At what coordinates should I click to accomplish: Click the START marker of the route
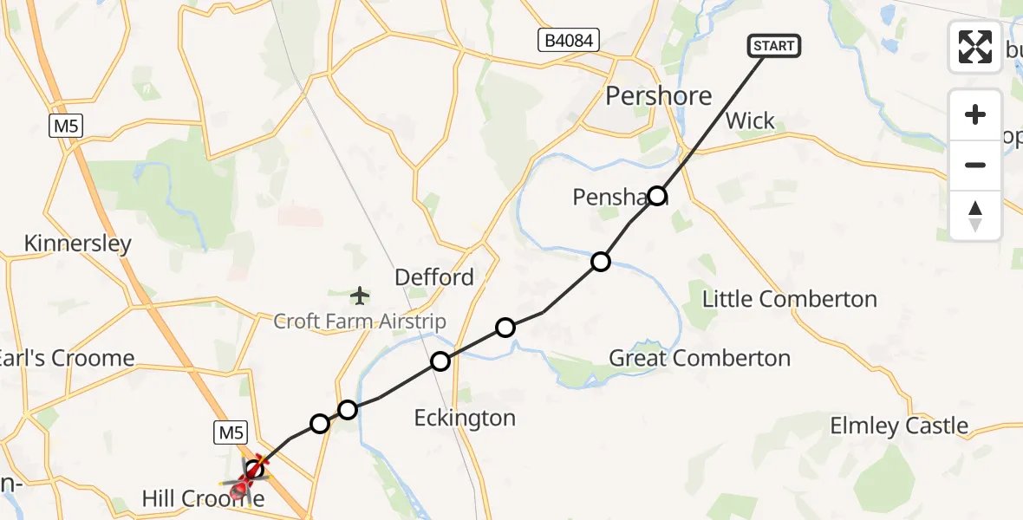click(773, 46)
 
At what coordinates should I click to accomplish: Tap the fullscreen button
click(975, 47)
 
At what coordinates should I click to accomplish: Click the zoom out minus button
click(975, 165)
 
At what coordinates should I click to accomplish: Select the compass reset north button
click(975, 215)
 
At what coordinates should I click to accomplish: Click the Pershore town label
click(659, 95)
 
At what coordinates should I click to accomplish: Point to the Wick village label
click(750, 120)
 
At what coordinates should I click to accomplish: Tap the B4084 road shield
click(568, 39)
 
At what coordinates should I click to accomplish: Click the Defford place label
click(434, 277)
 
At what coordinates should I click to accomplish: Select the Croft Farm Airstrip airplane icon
click(360, 296)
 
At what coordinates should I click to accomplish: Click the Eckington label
click(465, 418)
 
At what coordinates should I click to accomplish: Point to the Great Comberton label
click(700, 358)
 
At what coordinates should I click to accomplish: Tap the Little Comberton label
click(789, 300)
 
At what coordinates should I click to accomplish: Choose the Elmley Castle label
click(899, 426)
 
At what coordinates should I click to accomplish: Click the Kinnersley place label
click(78, 244)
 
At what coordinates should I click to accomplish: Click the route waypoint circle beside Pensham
click(657, 196)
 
